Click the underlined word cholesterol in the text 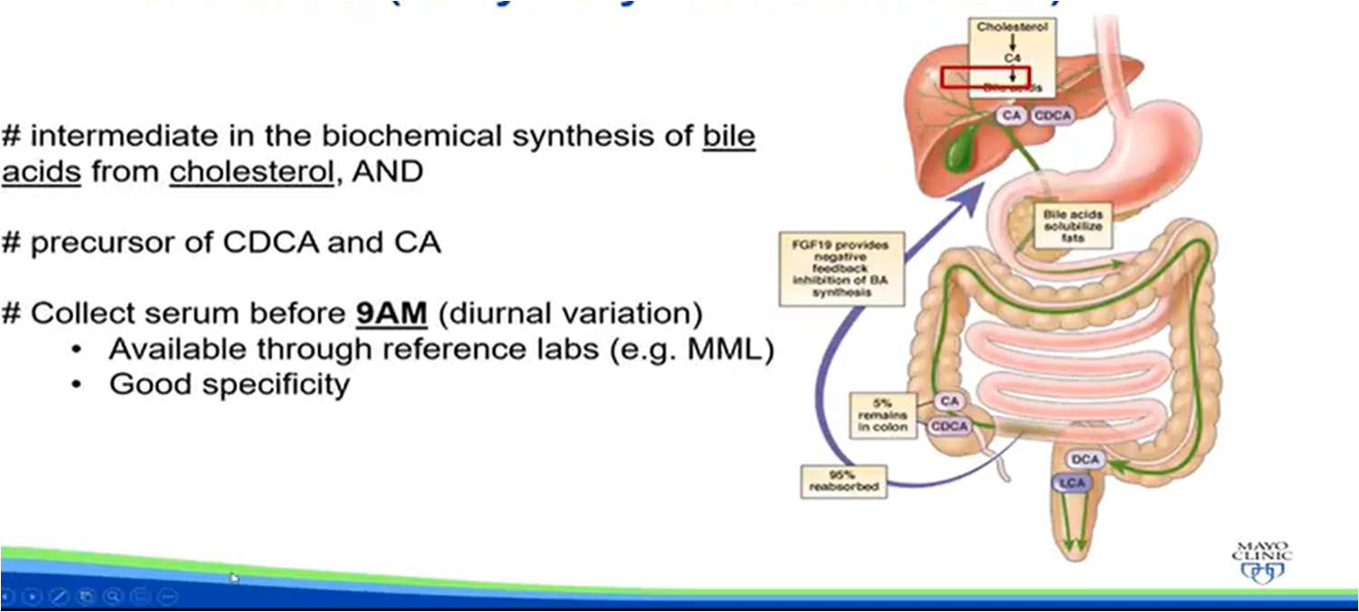point(250,172)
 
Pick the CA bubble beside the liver point(1011,115)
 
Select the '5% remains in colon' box point(882,415)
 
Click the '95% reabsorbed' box point(843,480)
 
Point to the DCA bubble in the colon point(1086,460)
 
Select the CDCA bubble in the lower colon point(949,426)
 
